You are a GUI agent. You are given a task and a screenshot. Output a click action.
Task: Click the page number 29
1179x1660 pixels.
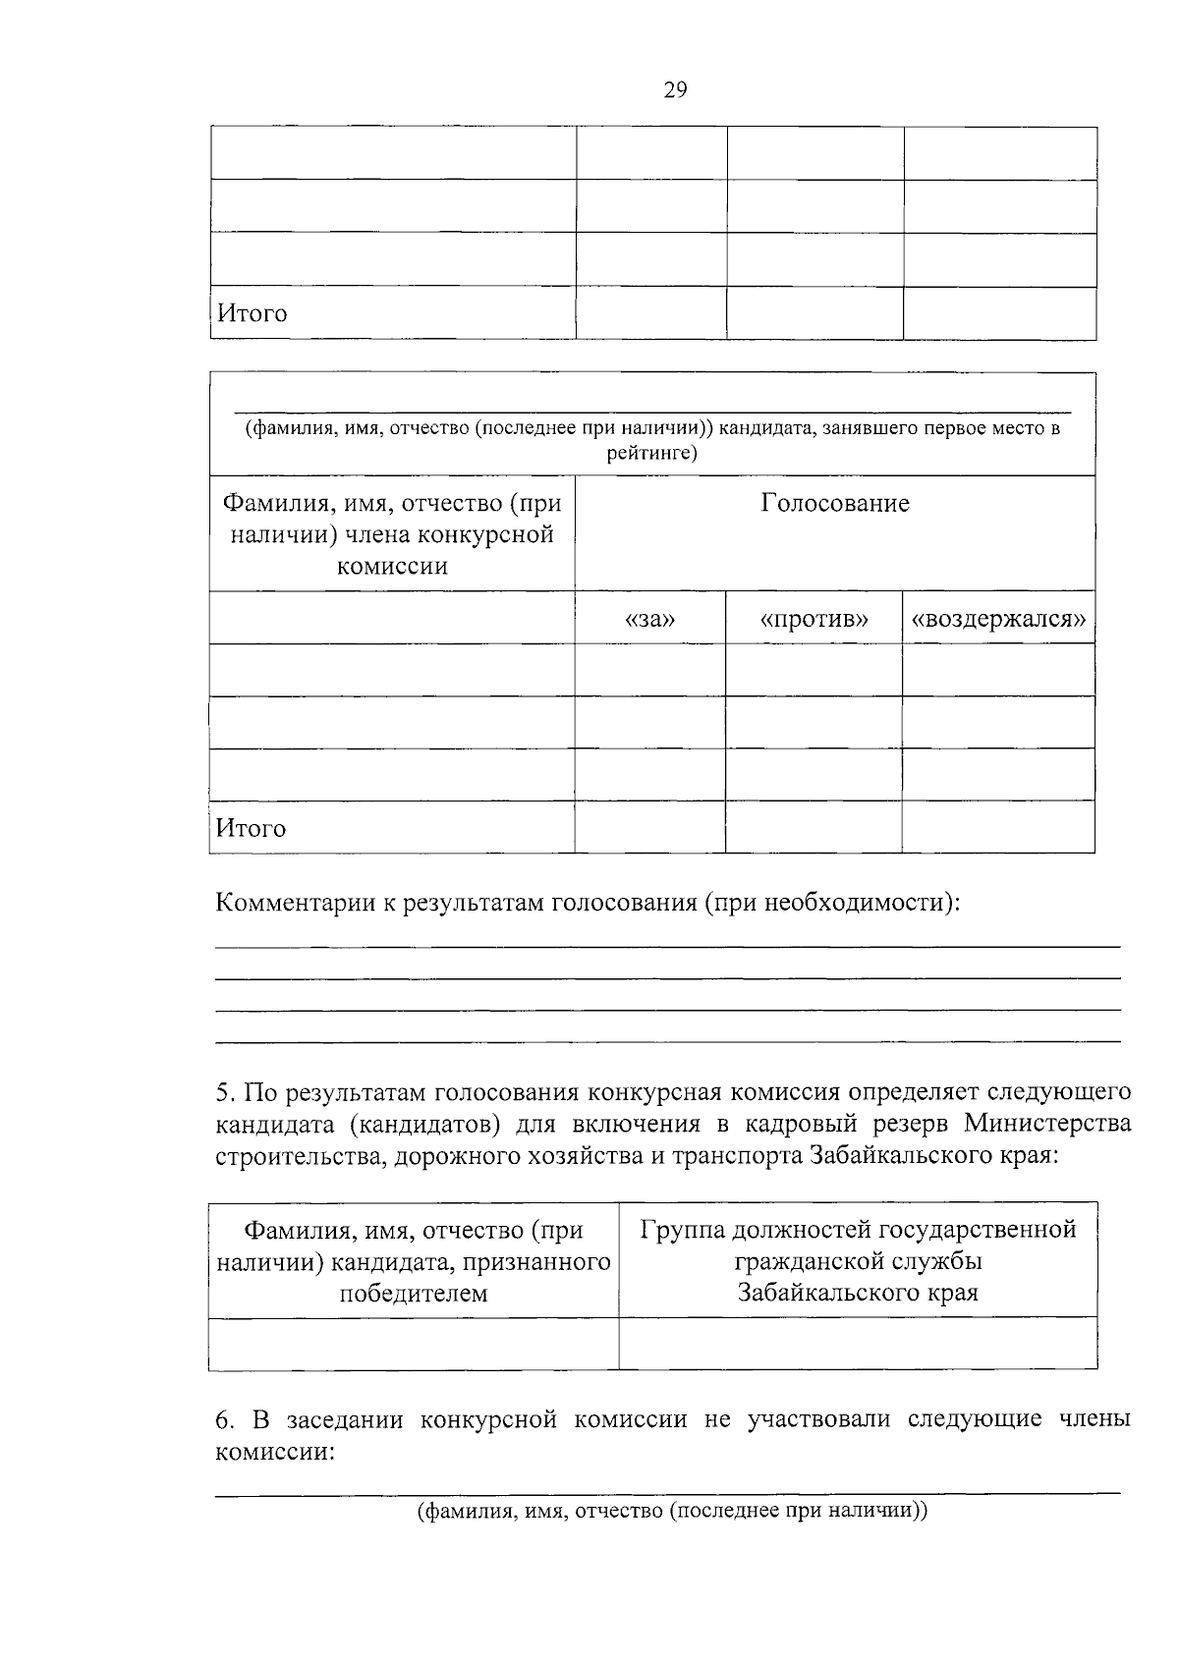pyautogui.click(x=675, y=90)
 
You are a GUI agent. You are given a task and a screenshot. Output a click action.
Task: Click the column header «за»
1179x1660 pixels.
pyautogui.click(x=649, y=620)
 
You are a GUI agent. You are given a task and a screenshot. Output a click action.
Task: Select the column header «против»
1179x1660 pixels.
pyautogui.click(x=814, y=620)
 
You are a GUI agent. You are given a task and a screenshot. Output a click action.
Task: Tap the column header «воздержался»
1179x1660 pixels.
pyautogui.click(x=998, y=620)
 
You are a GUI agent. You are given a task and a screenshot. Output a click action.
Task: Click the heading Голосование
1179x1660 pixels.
pyautogui.click(x=835, y=504)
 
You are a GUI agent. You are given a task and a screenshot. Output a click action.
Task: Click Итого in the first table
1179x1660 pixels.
pyautogui.click(x=252, y=314)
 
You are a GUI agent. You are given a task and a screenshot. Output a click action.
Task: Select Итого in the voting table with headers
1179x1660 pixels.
pyautogui.click(x=252, y=829)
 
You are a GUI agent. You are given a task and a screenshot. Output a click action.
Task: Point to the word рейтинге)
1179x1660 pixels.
pyautogui.click(x=652, y=453)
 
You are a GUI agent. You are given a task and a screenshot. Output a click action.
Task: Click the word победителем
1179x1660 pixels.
pyautogui.click(x=413, y=1293)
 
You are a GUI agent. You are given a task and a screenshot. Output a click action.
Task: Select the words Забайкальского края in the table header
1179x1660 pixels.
pyautogui.click(x=858, y=1292)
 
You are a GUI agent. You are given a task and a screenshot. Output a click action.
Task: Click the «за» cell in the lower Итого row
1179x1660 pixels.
pyautogui.click(x=649, y=828)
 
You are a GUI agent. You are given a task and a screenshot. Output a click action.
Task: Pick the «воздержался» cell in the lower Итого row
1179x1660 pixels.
pyautogui.click(x=998, y=828)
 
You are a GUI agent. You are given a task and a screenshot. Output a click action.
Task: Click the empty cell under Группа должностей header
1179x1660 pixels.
pyautogui.click(x=858, y=1344)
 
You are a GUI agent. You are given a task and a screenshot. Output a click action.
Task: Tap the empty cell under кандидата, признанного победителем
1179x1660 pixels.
pyautogui.click(x=413, y=1344)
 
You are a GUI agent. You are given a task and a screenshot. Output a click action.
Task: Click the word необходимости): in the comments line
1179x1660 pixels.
pyautogui.click(x=862, y=903)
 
